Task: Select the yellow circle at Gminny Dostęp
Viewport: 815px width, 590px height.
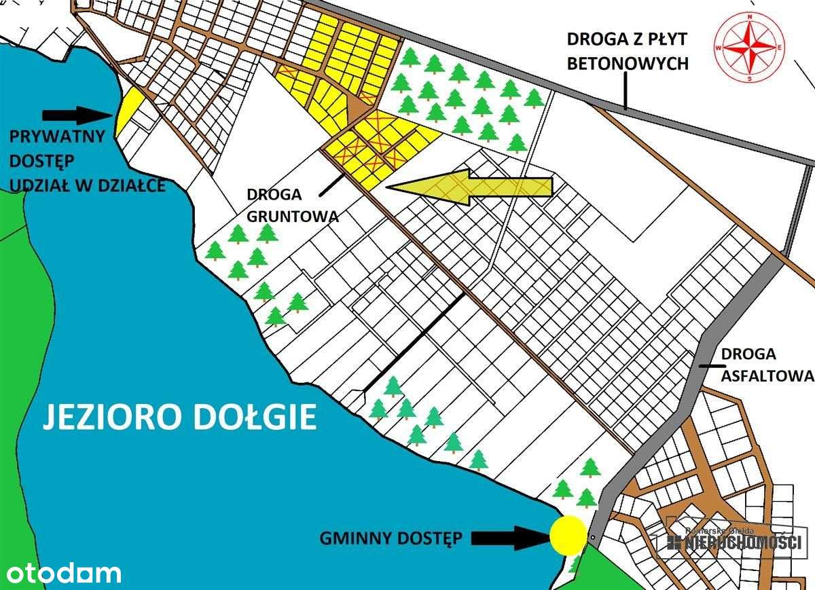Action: click(x=568, y=534)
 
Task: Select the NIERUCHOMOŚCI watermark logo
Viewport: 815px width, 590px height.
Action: click(x=734, y=541)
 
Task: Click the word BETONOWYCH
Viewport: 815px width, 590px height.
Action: click(x=628, y=64)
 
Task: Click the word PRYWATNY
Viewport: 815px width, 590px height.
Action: click(x=57, y=136)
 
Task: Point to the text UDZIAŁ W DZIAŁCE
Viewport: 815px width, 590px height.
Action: click(x=87, y=185)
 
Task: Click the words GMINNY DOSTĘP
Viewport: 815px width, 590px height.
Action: click(x=391, y=539)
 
